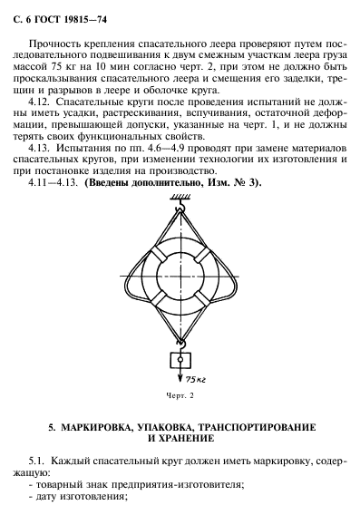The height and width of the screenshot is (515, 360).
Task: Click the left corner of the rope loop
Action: [x=123, y=274]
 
